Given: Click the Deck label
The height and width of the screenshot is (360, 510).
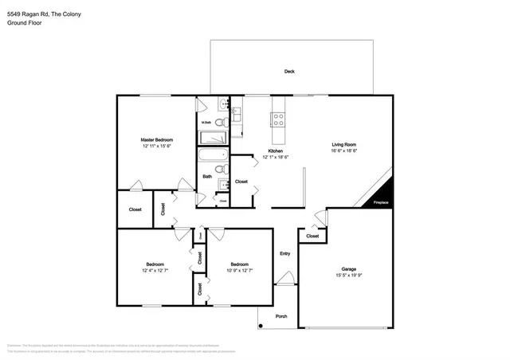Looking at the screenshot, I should pos(289,72).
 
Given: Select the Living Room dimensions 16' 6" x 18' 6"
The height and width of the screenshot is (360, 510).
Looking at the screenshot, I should pos(344,151).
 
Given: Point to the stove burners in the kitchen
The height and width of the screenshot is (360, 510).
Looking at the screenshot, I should pos(280,119).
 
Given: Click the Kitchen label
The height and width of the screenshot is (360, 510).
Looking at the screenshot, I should pos(276,151).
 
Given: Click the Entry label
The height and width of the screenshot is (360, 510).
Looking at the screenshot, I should pos(284,254).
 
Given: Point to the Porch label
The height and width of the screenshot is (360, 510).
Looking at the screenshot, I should pos(281,316).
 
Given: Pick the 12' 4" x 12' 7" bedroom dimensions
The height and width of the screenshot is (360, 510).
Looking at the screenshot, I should pos(155,271).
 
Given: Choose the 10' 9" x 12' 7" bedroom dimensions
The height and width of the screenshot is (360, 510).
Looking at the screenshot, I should pos(240,271).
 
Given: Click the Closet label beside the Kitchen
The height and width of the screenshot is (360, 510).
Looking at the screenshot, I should pos(241,182).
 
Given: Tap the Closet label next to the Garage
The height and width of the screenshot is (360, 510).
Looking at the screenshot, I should pos(312,236).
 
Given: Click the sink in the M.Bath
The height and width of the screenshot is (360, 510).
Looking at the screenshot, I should pos(224,104).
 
